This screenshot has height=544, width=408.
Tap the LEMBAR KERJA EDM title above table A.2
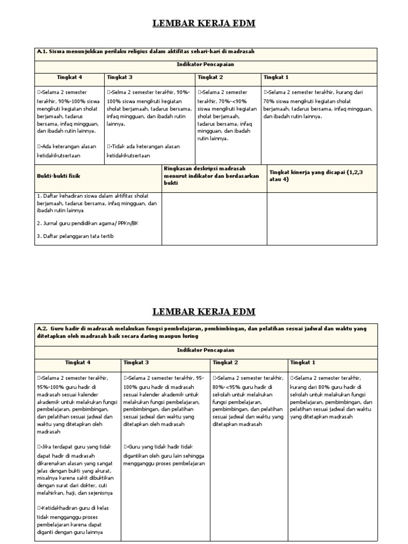(204, 311)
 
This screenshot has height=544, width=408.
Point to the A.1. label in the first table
(42, 51)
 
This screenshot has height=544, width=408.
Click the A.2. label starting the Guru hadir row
(42, 329)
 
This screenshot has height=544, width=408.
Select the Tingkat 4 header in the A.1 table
(70, 76)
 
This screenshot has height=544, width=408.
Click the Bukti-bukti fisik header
(58, 175)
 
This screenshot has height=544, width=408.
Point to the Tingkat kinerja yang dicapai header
(319, 176)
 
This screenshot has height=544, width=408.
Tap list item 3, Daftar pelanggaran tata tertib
(75, 236)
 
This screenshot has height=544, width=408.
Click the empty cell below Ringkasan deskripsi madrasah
(214, 218)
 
